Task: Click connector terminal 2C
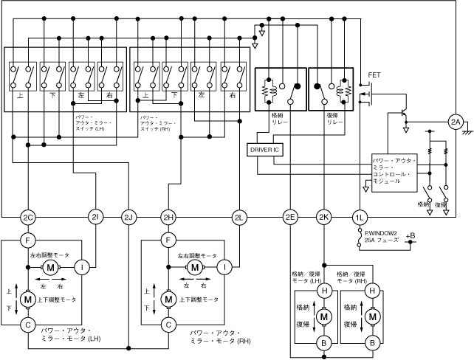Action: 27,218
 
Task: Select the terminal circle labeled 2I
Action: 95,218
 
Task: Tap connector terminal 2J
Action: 128,218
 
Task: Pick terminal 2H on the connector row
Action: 168,218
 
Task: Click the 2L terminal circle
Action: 238,218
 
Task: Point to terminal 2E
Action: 289,218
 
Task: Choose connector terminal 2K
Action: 323,218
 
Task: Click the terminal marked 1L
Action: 360,218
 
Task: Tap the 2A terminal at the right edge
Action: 456,121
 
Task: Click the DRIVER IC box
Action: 264,148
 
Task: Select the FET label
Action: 374,76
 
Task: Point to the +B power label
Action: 411,235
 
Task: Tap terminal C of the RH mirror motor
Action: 168,324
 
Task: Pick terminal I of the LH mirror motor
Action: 83,266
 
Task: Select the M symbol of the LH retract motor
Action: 323,316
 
